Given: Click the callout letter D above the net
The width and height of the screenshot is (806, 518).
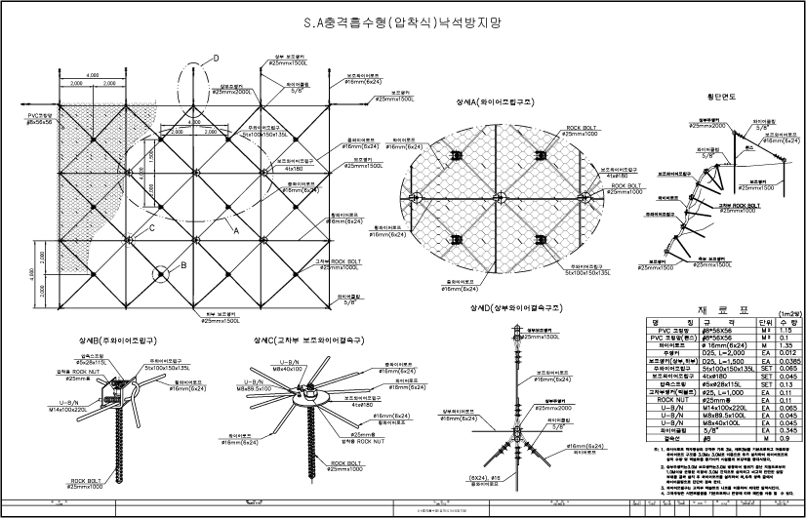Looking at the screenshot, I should (216, 59).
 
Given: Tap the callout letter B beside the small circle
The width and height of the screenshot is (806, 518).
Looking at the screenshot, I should (182, 264).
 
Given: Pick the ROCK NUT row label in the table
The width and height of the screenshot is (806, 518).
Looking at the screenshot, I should (670, 400).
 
